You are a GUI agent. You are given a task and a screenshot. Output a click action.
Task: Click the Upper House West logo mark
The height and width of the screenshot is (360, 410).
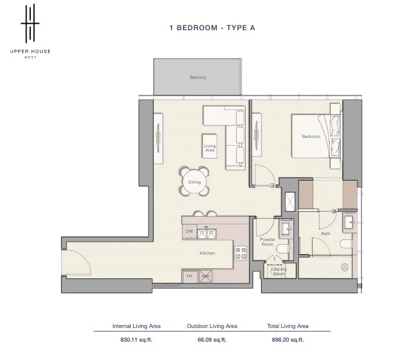(x=30, y=23)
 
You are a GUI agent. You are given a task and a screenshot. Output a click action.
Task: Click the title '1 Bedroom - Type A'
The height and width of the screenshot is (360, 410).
(x=212, y=28)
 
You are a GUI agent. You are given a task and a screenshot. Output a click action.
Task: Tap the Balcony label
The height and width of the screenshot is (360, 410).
(x=198, y=77)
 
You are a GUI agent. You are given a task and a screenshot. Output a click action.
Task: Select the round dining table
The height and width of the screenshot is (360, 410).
(x=194, y=182)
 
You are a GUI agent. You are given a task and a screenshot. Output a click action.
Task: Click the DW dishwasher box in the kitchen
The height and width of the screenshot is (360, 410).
(x=189, y=232)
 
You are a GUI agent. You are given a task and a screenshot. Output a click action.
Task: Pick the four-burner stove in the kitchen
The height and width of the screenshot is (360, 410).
(x=241, y=253)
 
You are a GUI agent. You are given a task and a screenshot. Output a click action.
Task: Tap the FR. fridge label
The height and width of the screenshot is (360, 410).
(x=190, y=276)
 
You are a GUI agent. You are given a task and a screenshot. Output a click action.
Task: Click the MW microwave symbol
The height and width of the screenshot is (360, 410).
(x=205, y=276)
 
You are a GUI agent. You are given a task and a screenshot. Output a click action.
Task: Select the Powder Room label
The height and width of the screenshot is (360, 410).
(x=267, y=242)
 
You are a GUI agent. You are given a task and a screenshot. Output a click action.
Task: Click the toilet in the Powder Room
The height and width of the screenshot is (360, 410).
(x=282, y=249)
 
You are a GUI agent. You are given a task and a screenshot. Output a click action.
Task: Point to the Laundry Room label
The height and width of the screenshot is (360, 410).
(x=279, y=271)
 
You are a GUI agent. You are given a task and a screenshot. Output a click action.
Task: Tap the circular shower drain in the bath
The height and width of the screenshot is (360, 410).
(x=345, y=267)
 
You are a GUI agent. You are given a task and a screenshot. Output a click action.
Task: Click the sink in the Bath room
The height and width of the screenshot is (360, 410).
(x=349, y=223)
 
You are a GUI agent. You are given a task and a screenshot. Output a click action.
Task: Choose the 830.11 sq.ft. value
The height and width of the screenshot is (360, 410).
(x=136, y=340)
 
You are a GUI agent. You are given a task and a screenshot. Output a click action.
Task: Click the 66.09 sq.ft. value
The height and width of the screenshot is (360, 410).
(x=212, y=340)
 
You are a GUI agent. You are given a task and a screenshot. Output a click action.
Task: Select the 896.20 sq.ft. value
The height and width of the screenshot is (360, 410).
(x=288, y=340)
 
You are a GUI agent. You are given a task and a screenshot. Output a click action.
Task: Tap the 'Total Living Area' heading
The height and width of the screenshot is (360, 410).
(x=288, y=326)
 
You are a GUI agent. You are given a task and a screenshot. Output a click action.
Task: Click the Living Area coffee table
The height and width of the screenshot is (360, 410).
(x=209, y=146)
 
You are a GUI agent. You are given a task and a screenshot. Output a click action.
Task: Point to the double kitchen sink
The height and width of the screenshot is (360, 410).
(x=206, y=234)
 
